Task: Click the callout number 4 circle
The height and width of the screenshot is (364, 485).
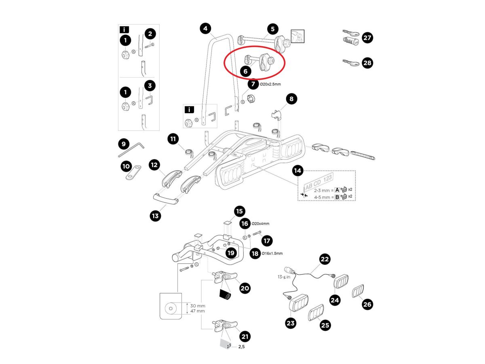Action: click(x=206, y=28)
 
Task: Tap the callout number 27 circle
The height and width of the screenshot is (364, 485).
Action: click(x=367, y=38)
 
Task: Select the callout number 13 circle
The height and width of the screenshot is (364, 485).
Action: click(x=155, y=216)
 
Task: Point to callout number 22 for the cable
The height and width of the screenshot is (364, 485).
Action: click(x=325, y=259)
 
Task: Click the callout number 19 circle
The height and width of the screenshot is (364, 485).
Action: click(x=230, y=253)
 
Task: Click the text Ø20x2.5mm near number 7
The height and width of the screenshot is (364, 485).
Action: click(x=270, y=84)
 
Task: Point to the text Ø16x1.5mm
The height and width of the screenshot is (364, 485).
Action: click(x=272, y=254)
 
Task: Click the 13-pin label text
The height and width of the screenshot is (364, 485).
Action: click(x=284, y=277)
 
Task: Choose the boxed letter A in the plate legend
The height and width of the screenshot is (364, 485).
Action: click(x=337, y=189)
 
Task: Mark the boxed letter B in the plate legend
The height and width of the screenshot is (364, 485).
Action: click(x=337, y=197)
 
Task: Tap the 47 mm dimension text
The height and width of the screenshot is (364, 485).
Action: click(x=198, y=311)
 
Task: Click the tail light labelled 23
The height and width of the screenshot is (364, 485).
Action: click(x=299, y=303)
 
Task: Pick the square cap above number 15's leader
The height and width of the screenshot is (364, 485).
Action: click(x=228, y=222)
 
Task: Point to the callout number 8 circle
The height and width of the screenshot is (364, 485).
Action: click(x=291, y=98)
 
